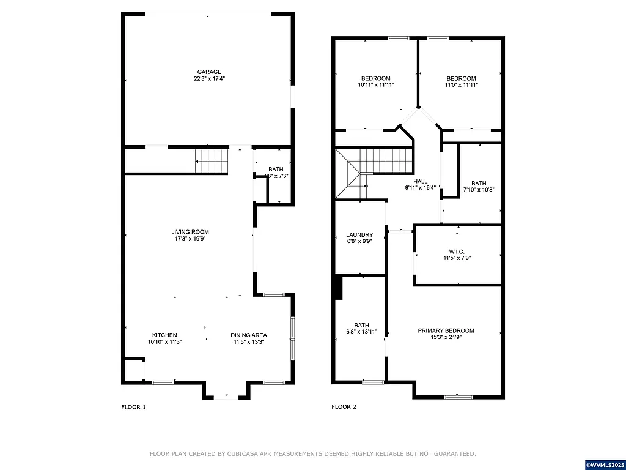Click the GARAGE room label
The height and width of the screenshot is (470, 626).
coord(209,72)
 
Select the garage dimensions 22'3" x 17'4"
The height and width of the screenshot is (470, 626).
coord(209,79)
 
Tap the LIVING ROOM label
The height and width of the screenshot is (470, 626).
coord(190,232)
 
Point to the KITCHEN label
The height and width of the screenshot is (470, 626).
coord(164,335)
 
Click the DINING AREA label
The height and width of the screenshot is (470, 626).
coord(248,335)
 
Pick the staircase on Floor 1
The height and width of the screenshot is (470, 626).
coord(212,161)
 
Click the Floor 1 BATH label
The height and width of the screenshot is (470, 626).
coord(276,170)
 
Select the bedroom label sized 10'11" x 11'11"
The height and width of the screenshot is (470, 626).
coord(375,78)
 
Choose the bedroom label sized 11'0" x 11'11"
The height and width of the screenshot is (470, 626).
coord(461,78)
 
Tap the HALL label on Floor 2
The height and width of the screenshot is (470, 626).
coord(420,181)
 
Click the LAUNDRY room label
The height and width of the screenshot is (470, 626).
coord(359,234)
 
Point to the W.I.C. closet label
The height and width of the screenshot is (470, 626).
coord(457,251)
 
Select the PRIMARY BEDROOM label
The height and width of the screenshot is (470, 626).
coord(446,330)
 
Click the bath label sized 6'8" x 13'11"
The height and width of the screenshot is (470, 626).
coord(361,325)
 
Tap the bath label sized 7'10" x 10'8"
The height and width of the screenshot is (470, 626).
coord(479,183)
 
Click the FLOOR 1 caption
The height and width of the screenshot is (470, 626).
coord(133,407)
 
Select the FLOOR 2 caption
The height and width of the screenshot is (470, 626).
coord(344,407)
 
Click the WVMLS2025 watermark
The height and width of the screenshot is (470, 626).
coord(603,465)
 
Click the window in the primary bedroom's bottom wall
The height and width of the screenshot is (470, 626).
coord(458,397)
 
